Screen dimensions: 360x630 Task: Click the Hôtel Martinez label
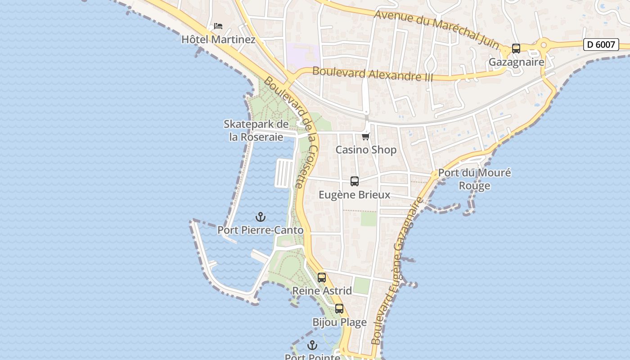pos(218,40)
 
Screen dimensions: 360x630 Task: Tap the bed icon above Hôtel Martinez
pos(218,26)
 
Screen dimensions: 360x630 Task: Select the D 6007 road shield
pos(601,45)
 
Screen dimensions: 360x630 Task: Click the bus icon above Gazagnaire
pos(516,49)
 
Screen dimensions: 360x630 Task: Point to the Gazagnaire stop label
pos(516,62)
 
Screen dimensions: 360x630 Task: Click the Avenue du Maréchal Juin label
pos(436,28)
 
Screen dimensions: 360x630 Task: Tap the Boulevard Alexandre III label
pos(373,74)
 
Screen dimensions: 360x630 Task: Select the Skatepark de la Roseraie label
pos(256,130)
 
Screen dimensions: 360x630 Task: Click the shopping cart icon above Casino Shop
pos(366,136)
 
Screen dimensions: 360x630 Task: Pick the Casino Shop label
pos(366,150)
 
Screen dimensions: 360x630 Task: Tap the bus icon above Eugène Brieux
pos(355,181)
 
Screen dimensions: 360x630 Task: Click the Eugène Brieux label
pos(355,195)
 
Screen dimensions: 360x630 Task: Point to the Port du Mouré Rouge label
pos(474,179)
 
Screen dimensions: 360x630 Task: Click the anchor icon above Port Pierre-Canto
pos(261,217)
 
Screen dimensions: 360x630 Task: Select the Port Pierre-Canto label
pos(261,230)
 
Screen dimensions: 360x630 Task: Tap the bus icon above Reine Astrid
pos(322,278)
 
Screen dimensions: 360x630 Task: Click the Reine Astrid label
pos(322,291)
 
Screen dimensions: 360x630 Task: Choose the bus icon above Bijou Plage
pos(339,309)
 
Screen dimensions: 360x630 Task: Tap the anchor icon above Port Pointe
pos(312,346)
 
